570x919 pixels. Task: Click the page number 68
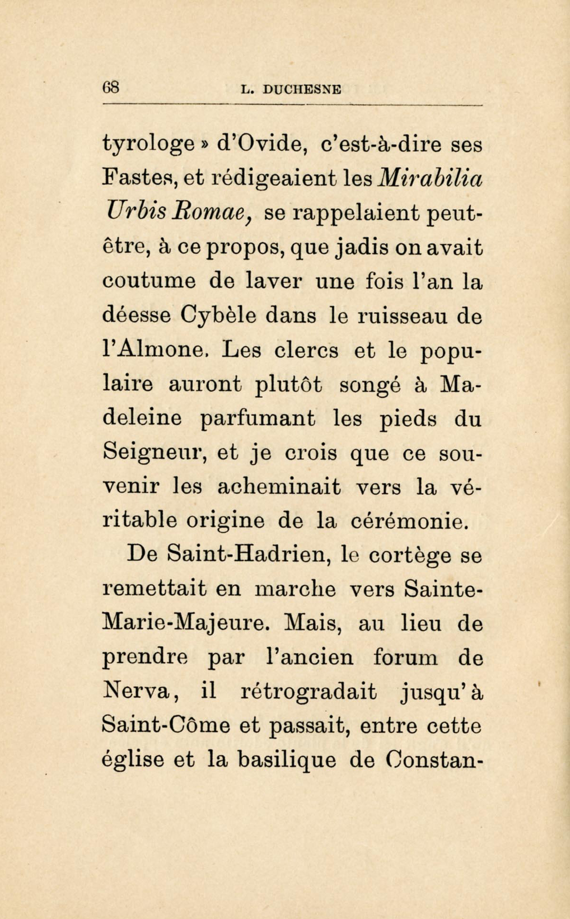coord(113,87)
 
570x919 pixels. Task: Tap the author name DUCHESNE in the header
coord(302,89)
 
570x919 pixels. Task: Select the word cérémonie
coord(408,521)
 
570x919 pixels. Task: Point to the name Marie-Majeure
coord(184,624)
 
